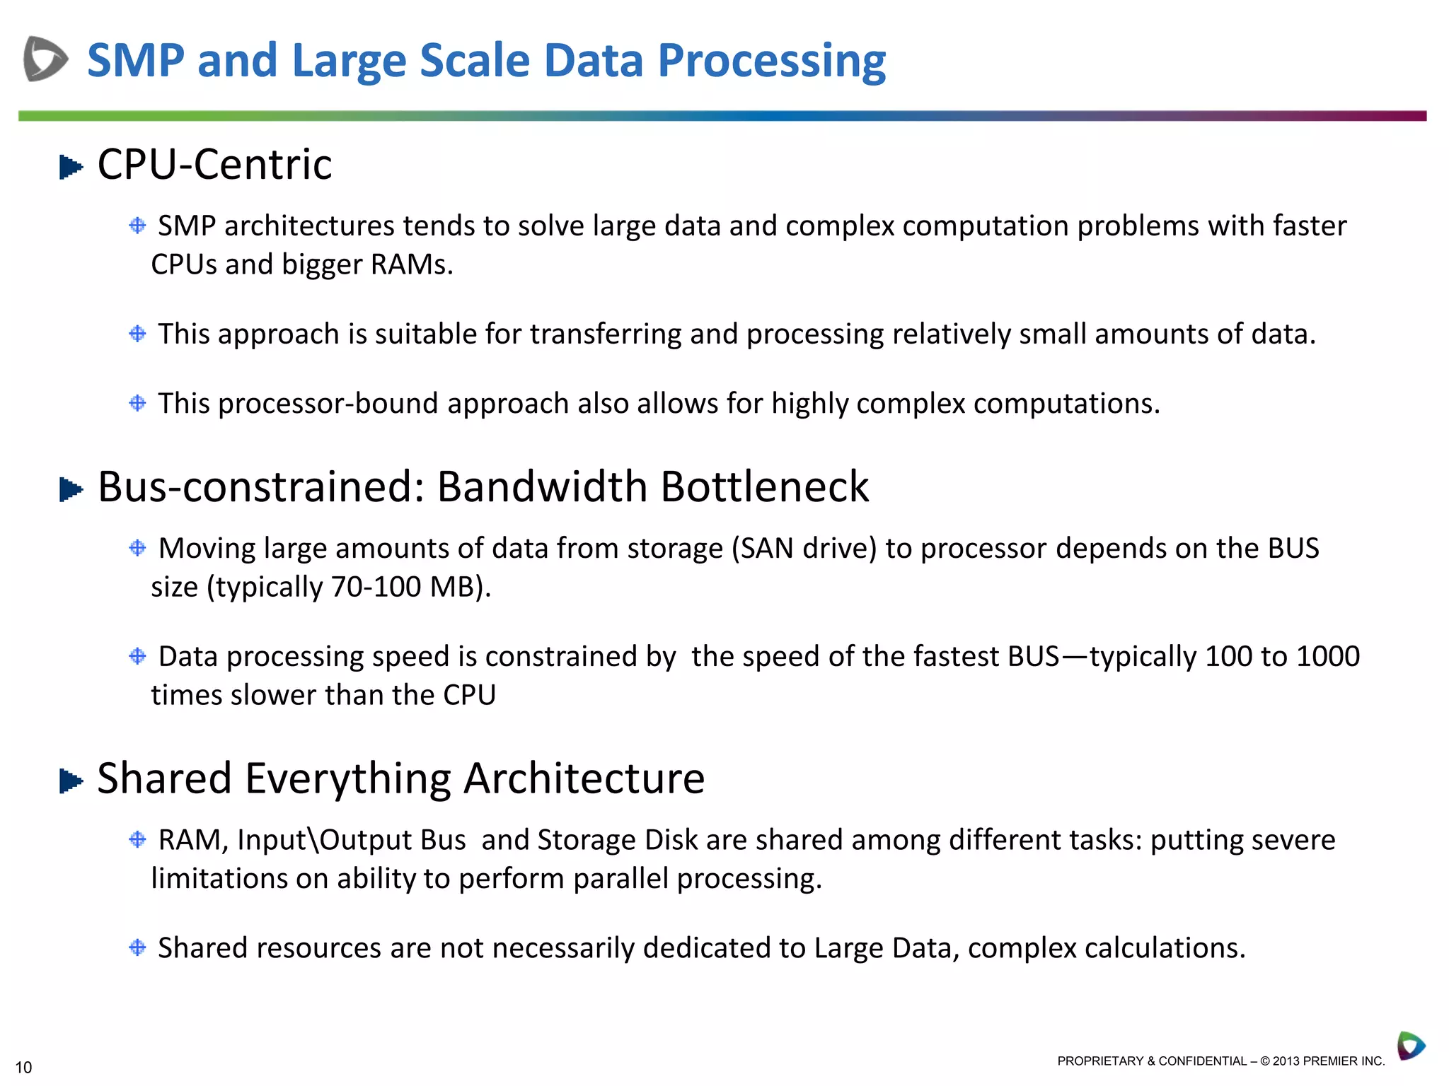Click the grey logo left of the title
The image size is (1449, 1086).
(45, 59)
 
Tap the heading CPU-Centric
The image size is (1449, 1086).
(214, 165)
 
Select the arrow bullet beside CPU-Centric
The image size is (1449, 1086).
(71, 168)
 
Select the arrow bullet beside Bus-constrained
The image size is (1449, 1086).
(71, 489)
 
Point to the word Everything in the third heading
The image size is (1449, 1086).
(347, 778)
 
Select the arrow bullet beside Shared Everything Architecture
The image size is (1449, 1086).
(71, 781)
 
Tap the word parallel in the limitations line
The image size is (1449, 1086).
(620, 879)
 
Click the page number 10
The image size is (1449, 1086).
(23, 1068)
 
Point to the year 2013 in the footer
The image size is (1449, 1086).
(1286, 1061)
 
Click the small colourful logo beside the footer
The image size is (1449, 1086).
(1411, 1046)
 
